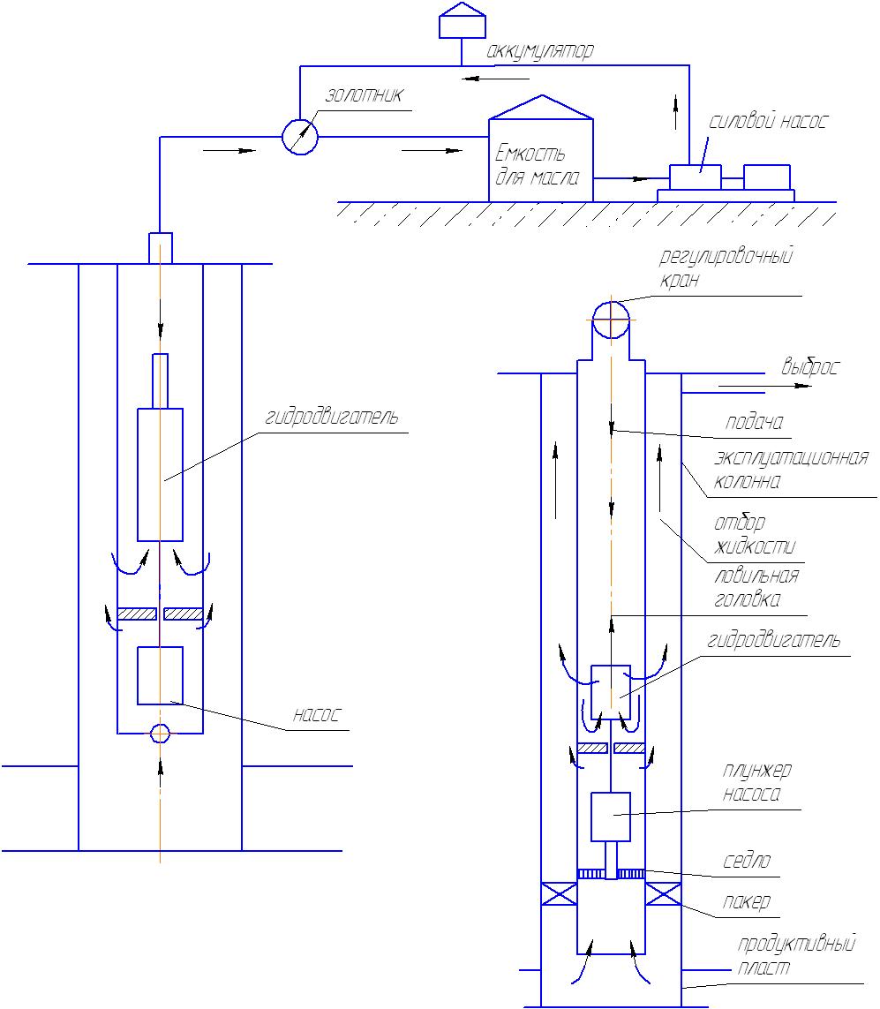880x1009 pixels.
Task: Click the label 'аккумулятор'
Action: click(539, 51)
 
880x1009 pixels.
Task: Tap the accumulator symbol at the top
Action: click(462, 20)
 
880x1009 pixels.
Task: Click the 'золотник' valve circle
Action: click(300, 137)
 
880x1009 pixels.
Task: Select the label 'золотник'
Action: click(365, 95)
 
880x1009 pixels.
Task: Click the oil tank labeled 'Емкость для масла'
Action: click(541, 149)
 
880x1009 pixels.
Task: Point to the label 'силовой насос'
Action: click(767, 121)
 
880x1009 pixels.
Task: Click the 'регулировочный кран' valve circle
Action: click(611, 320)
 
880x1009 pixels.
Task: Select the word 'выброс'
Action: click(810, 367)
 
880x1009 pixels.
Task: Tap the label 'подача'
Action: click(754, 422)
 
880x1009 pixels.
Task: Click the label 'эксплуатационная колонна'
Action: click(791, 470)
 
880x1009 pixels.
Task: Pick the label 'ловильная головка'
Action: click(756, 588)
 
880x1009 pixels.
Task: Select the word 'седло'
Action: click(746, 861)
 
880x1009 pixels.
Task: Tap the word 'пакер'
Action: click(746, 901)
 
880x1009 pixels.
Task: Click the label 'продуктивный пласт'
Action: click(796, 955)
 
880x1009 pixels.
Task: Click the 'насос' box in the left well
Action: click(160, 675)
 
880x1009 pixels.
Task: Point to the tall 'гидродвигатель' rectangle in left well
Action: click(160, 474)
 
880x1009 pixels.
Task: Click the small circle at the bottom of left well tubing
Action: click(160, 733)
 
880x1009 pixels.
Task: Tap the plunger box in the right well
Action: click(611, 817)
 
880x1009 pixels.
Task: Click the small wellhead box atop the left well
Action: click(161, 248)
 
